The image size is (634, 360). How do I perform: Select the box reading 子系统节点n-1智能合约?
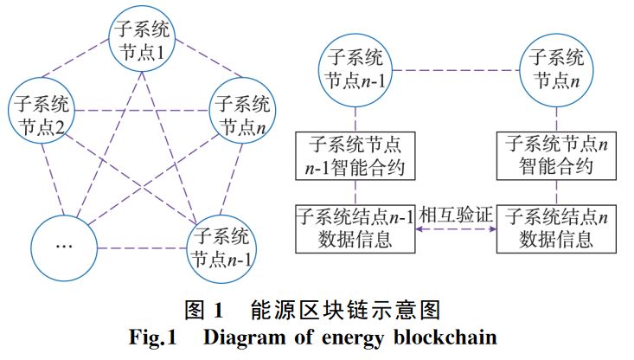pyautogui.click(x=355, y=156)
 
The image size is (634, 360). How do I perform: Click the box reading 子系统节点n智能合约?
pyautogui.click(x=556, y=156)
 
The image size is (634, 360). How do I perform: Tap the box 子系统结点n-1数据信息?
pyautogui.click(x=355, y=229)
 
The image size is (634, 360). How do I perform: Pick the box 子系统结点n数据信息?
pyautogui.click(x=556, y=229)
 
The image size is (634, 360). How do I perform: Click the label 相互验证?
pyautogui.click(x=456, y=215)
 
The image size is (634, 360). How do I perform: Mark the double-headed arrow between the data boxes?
pyautogui.click(x=456, y=229)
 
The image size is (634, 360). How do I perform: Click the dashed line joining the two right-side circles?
pyautogui.click(x=456, y=70)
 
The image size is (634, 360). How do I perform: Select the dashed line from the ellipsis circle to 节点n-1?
pyautogui.click(x=142, y=248)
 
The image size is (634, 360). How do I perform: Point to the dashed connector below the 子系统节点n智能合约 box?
pyautogui.click(x=556, y=192)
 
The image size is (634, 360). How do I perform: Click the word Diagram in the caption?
pyautogui.click(x=243, y=337)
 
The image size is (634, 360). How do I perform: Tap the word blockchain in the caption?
pyautogui.click(x=445, y=337)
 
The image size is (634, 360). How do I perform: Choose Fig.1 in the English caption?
pyautogui.click(x=153, y=337)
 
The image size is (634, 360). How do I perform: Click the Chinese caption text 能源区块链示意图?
pyautogui.click(x=345, y=311)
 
